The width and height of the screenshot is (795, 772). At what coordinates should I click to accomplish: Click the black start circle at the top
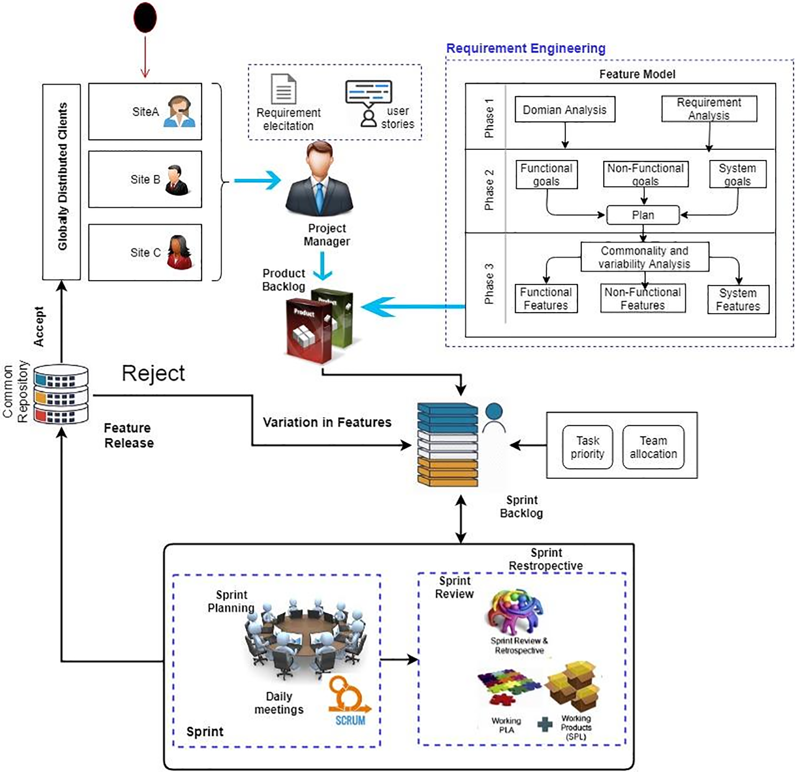[x=145, y=18]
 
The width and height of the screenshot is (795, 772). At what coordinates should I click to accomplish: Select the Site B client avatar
[x=177, y=180]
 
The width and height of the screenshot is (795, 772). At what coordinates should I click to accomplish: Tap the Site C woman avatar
[x=180, y=252]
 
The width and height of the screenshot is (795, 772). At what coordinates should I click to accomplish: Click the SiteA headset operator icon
[x=180, y=111]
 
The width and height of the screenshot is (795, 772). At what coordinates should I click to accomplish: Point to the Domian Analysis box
[x=564, y=110]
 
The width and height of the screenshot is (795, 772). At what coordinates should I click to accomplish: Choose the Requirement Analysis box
[x=709, y=109]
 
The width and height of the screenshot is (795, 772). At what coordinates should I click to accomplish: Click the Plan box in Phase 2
[x=643, y=215]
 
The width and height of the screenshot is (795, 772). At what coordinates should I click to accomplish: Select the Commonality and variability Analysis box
[x=644, y=257]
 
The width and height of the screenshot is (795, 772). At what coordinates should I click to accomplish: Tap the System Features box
[x=738, y=299]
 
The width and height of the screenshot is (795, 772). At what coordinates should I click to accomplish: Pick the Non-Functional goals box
[x=645, y=174]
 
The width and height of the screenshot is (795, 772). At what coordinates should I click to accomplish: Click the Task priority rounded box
[x=587, y=447]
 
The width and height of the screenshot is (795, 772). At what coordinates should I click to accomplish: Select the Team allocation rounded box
[x=653, y=447]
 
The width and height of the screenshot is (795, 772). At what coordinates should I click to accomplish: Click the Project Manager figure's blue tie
[x=320, y=199]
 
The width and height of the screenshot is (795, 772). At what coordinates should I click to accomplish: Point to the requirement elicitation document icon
[x=283, y=89]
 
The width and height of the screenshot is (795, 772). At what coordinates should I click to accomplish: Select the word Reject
[x=153, y=373]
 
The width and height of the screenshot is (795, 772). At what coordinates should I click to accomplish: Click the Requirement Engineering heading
[x=526, y=49]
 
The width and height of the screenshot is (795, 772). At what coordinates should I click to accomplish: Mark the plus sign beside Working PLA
[x=544, y=724]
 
